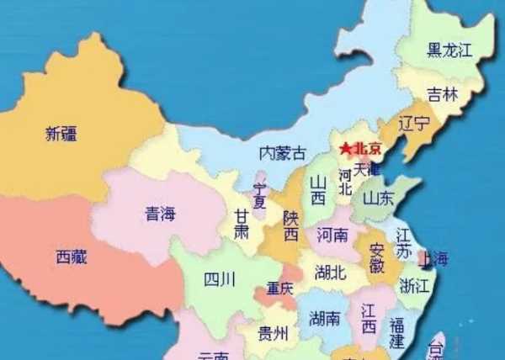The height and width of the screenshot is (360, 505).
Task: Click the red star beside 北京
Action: (x=346, y=149)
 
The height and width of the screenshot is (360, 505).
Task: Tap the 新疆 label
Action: (x=64, y=133)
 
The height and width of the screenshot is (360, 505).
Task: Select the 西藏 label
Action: (x=72, y=256)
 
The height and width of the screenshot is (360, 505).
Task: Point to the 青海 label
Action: (x=161, y=214)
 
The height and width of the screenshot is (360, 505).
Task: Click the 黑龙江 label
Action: (x=449, y=50)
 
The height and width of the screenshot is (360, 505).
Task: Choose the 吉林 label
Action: (x=442, y=95)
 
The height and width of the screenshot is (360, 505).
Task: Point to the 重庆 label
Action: (x=281, y=289)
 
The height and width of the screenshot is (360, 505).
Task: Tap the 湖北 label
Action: (x=330, y=272)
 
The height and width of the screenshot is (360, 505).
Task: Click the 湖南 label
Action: (x=325, y=318)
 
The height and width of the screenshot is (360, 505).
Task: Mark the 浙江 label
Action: (x=414, y=284)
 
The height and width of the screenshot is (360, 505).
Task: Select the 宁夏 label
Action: (x=260, y=196)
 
